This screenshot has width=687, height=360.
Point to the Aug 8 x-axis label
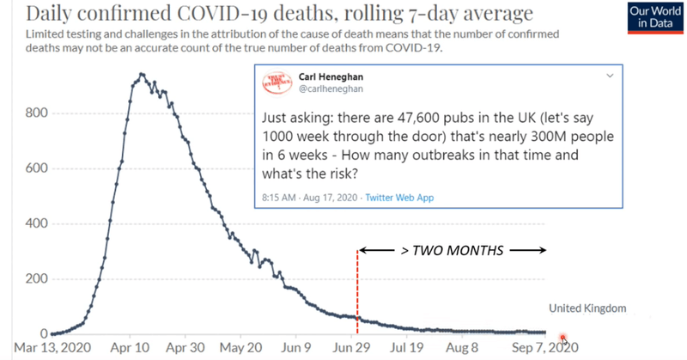(461, 350)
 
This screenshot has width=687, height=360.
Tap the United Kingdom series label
(588, 308)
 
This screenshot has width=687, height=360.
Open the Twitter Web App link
(399, 198)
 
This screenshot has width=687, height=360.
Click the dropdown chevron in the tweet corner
(610, 76)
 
